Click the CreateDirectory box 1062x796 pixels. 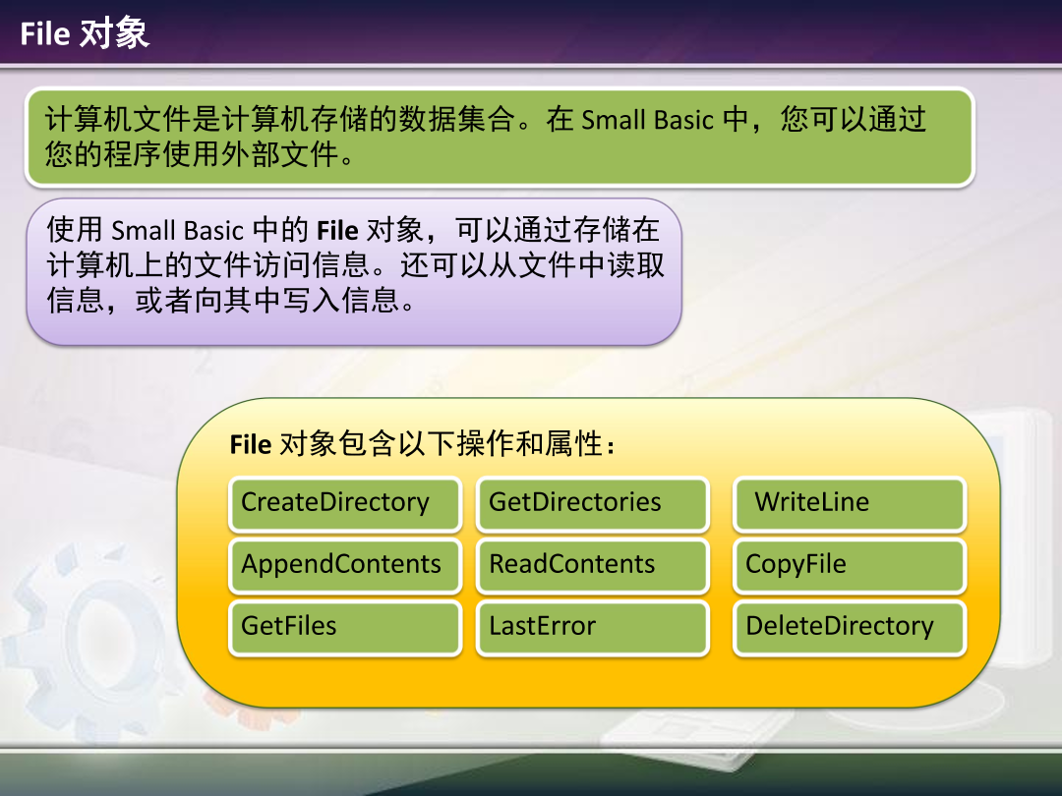click(x=345, y=504)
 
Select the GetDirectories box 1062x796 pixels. click(x=592, y=504)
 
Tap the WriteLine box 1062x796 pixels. click(x=850, y=504)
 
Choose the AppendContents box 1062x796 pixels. click(x=345, y=566)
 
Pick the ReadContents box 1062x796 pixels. click(x=592, y=566)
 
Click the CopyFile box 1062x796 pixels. click(x=850, y=566)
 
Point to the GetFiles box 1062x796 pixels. click(x=345, y=628)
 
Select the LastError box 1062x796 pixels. click(x=592, y=628)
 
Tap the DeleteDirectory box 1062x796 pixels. click(x=850, y=628)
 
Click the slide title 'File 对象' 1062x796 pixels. click(x=85, y=34)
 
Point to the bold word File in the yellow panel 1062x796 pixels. click(x=250, y=444)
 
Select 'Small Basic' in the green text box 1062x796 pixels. click(x=647, y=121)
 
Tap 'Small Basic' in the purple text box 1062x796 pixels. click(x=177, y=231)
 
